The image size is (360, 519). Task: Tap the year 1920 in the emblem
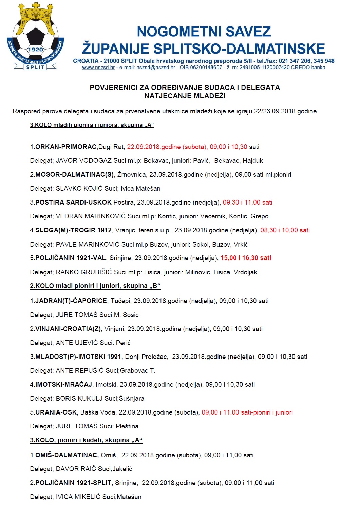pos(35,50)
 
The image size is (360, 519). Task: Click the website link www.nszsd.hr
pos(98,68)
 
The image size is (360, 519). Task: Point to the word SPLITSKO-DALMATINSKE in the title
pos(239,49)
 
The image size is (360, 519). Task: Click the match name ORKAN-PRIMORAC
pos(66,147)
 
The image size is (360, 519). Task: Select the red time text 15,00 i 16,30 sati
pos(246,258)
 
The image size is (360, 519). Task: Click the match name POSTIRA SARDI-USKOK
pos(73,203)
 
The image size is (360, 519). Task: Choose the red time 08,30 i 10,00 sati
pos(285,230)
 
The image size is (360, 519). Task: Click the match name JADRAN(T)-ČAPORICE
pos(71,301)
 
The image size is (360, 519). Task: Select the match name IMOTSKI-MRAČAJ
pos(63,385)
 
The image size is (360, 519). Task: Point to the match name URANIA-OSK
pos(56,412)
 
